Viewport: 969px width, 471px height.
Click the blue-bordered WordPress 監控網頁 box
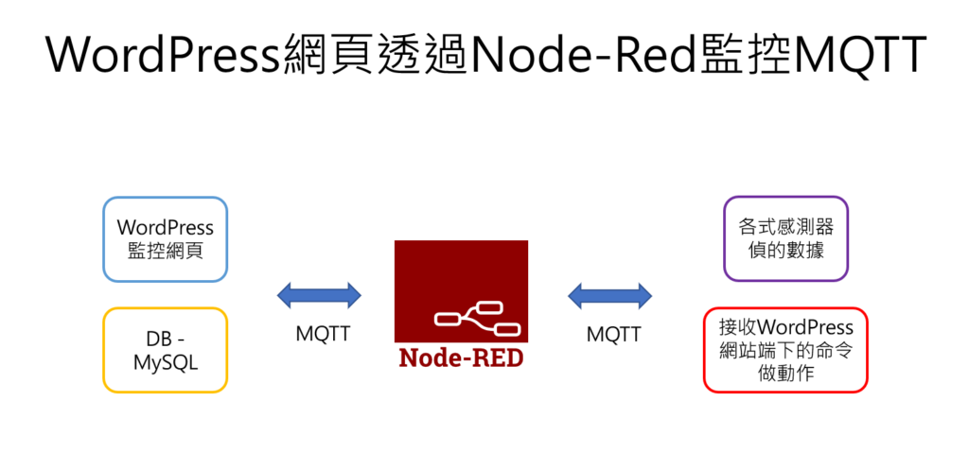(x=166, y=239)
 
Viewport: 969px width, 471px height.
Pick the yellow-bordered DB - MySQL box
(x=166, y=350)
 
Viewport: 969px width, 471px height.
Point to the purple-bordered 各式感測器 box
(x=785, y=239)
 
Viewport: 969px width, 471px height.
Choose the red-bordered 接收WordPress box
(x=785, y=350)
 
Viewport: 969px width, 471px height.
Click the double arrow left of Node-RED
(x=319, y=296)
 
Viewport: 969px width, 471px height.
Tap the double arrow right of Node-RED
(x=610, y=296)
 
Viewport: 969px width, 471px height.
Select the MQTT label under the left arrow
(x=323, y=334)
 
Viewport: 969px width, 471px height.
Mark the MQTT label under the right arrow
(x=613, y=334)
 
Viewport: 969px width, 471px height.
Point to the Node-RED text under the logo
(x=461, y=358)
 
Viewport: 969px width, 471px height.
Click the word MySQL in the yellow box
(x=166, y=362)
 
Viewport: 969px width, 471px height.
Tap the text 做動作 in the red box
(x=785, y=374)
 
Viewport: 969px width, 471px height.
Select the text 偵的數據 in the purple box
(x=785, y=252)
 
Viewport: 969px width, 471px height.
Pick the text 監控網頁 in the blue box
(x=166, y=252)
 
